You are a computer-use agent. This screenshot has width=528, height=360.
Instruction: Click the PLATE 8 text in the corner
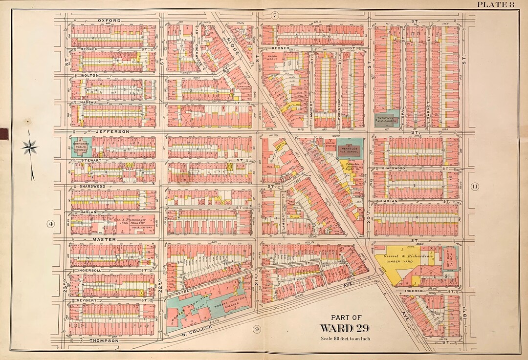pos(496,5)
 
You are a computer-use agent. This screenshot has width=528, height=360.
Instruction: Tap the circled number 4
pos(50,224)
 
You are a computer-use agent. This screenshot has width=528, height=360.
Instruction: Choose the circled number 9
pos(256,329)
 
